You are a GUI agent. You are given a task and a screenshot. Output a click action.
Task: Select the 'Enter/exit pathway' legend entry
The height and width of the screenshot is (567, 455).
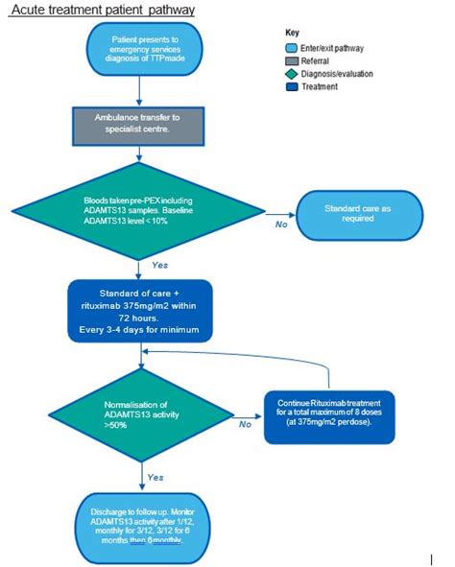coord(325,47)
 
